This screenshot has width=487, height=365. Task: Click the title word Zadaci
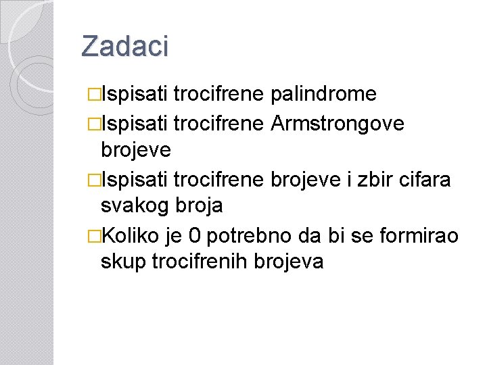pos(124,46)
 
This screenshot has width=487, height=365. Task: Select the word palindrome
pos(323,94)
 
